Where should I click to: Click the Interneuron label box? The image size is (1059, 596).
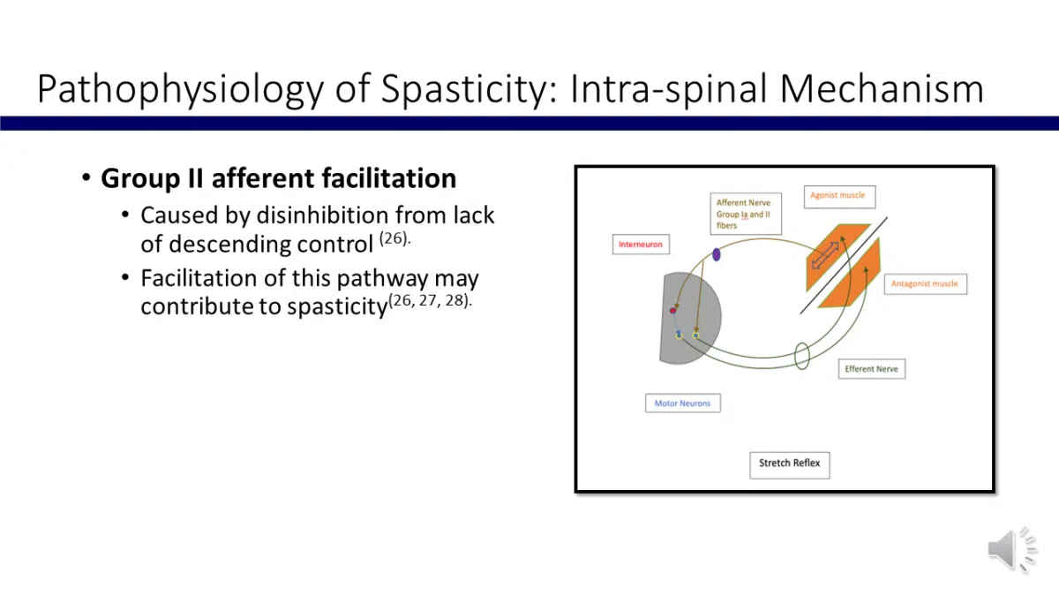tap(640, 244)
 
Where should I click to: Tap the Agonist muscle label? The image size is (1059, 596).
tap(837, 195)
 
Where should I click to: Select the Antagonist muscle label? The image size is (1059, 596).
tap(924, 284)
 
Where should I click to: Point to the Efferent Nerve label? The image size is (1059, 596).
tap(871, 369)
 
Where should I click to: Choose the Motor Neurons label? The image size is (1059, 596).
tap(682, 404)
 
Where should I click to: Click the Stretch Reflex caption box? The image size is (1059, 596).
tap(789, 464)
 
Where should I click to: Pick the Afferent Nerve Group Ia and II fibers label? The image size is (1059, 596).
tap(746, 214)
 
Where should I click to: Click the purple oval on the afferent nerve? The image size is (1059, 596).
tap(716, 254)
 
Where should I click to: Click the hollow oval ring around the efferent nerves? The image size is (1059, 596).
tap(802, 355)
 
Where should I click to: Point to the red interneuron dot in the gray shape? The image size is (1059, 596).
tap(672, 310)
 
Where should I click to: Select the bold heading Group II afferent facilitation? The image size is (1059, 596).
tap(278, 178)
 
